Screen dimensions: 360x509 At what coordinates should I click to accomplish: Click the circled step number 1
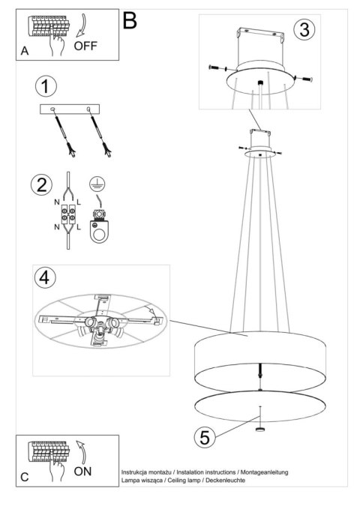tap(46, 86)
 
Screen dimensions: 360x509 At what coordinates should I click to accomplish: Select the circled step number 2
tap(41, 184)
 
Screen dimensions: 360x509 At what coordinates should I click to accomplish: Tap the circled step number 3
tap(304, 29)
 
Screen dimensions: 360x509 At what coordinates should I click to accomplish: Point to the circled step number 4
tap(45, 277)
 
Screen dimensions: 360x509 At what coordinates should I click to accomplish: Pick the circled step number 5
tap(205, 437)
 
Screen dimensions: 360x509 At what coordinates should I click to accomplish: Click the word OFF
tap(85, 46)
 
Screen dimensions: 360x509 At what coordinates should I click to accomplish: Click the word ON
tap(82, 471)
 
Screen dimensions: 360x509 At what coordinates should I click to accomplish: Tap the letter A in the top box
tap(25, 51)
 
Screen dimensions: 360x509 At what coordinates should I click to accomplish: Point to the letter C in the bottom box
tap(25, 477)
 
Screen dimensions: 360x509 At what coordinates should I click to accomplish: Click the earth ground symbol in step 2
tap(97, 184)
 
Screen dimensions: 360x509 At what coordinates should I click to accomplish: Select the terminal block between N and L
tap(68, 214)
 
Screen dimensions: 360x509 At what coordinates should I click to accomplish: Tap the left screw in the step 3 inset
tap(217, 68)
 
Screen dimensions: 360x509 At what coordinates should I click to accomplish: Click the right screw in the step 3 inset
tap(304, 79)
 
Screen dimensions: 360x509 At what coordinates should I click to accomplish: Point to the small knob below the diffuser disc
tap(259, 430)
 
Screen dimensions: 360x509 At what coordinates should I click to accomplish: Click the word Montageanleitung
tap(264, 472)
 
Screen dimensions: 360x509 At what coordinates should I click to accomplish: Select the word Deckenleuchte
tap(225, 480)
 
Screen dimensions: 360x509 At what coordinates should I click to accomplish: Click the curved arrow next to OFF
tap(82, 25)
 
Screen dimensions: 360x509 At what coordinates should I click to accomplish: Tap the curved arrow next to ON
tap(81, 452)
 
